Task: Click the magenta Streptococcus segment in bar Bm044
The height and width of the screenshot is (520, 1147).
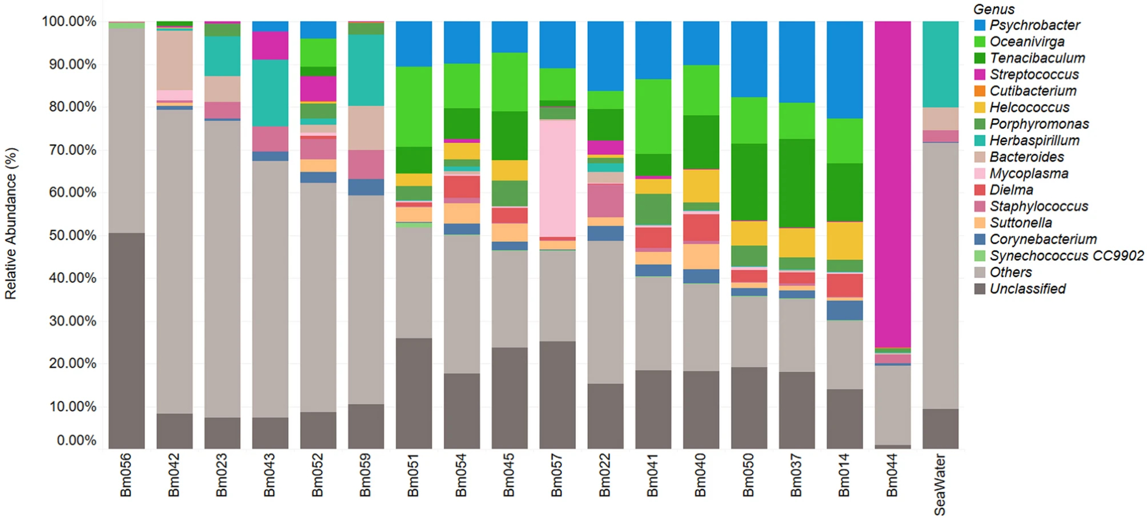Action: (892, 183)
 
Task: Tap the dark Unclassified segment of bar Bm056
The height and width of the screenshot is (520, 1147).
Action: (127, 341)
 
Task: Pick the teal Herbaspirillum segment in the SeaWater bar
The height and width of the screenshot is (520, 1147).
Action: (941, 64)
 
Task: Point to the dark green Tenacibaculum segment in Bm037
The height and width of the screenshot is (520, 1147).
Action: (797, 183)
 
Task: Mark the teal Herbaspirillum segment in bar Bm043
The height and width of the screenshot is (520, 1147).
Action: (270, 93)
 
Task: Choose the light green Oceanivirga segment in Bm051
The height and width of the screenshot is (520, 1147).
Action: (414, 107)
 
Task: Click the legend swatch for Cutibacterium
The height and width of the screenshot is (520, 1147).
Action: (980, 91)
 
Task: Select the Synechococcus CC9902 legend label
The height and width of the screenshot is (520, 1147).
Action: (1067, 256)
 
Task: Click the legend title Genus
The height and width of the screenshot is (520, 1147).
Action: (994, 9)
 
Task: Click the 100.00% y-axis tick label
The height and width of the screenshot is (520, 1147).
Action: (69, 21)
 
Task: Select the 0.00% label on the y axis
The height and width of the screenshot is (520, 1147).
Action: (76, 440)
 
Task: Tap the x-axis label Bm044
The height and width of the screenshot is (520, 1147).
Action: (892, 475)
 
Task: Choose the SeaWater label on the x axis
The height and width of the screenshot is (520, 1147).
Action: (941, 484)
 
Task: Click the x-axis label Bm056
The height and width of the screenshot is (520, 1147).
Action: (126, 475)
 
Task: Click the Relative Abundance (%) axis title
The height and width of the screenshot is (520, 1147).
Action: (11, 224)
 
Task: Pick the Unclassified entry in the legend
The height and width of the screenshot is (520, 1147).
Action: (1028, 289)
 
